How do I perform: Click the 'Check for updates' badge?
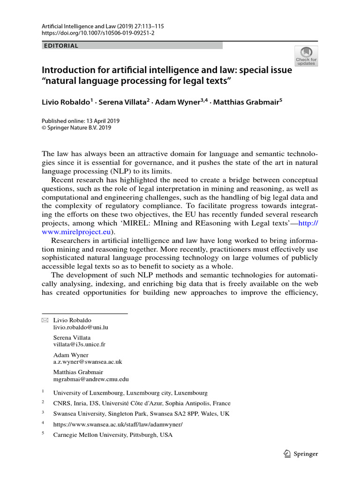[306, 56]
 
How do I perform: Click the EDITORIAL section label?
[60, 46]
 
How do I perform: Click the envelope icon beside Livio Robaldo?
[45, 320]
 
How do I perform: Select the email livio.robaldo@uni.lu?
[80, 327]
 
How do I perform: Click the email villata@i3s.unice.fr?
[79, 344]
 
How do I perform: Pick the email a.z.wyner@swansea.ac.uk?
[88, 362]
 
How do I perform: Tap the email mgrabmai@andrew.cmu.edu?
[91, 379]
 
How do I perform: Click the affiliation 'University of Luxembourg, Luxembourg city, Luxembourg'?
[130, 393]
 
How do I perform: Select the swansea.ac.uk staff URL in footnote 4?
[118, 424]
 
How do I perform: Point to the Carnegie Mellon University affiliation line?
[113, 435]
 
